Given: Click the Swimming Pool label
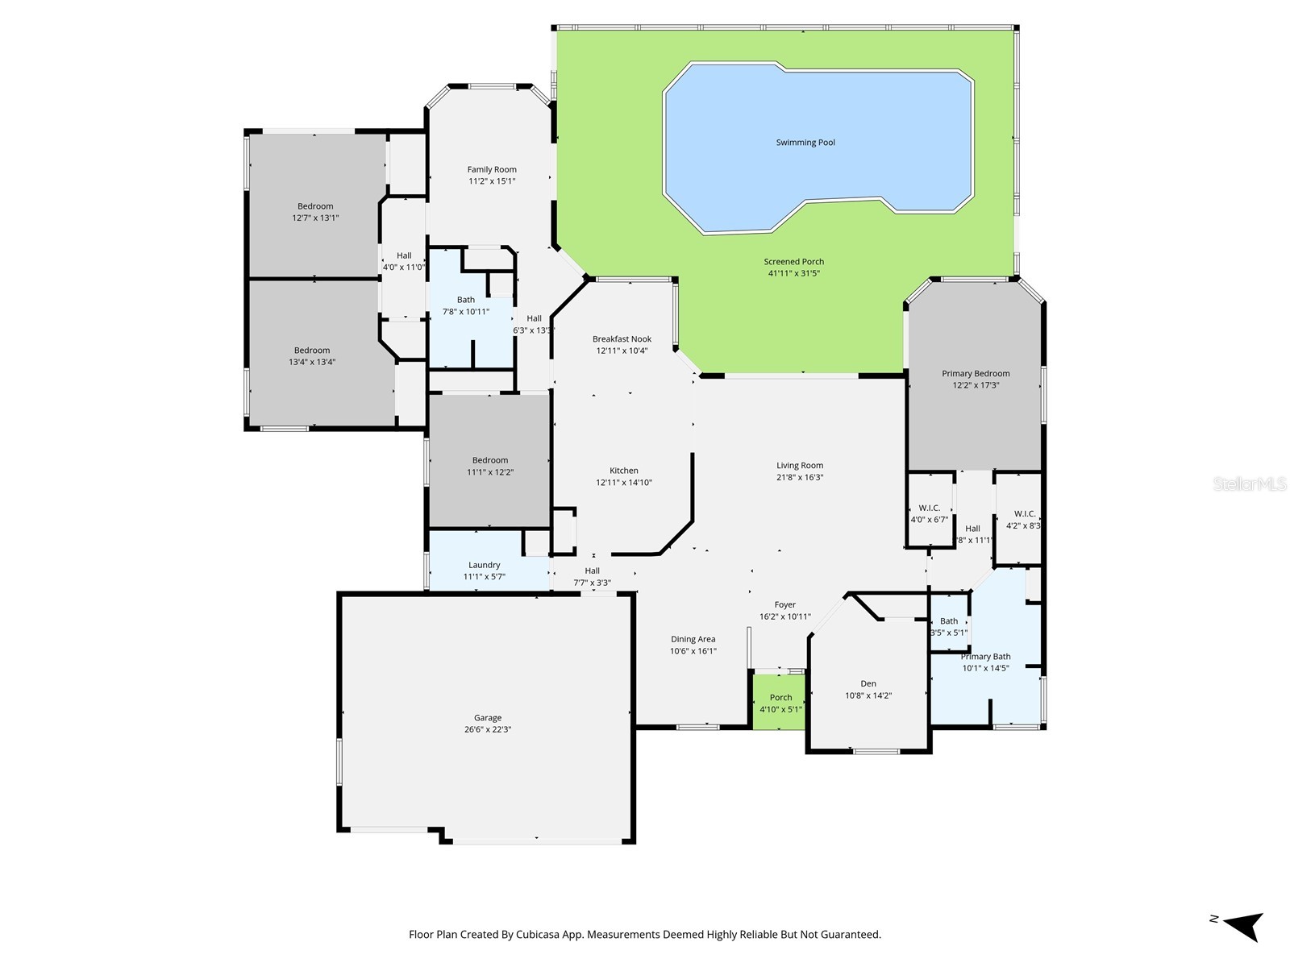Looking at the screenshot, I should tap(805, 143).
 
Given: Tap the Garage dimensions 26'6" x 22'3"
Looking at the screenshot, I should tap(487, 729).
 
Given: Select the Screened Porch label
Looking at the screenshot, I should tap(793, 262).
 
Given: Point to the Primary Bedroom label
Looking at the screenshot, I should tap(976, 374).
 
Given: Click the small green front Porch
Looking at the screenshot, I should tap(780, 702).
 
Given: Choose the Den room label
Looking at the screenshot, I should tap(868, 684).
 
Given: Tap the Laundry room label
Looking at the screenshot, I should tap(484, 566).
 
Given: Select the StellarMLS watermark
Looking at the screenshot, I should tap(1250, 484).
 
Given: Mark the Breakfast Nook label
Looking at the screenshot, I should tap(622, 339).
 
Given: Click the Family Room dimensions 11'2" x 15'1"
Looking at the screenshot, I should tap(492, 181).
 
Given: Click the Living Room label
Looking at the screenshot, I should tap(800, 466).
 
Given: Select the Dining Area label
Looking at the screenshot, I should tap(693, 640).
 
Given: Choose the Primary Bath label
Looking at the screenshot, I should tap(985, 657).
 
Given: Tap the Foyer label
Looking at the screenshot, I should tap(784, 605).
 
